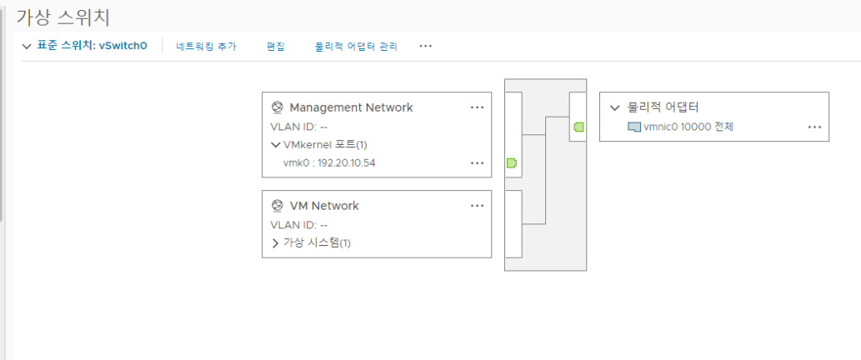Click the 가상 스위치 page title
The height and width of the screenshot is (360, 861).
(x=63, y=17)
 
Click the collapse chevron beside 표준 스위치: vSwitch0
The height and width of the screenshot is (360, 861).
(x=27, y=47)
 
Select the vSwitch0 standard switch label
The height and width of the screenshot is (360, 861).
(x=93, y=47)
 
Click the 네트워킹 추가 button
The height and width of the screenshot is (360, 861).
(x=206, y=47)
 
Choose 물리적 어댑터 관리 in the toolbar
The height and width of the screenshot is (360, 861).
(x=356, y=47)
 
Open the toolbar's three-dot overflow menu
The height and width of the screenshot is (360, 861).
(x=426, y=47)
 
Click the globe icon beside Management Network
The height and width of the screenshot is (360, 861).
(x=278, y=107)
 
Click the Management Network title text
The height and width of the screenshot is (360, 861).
(x=351, y=107)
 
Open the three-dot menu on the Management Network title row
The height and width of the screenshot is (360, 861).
(x=477, y=107)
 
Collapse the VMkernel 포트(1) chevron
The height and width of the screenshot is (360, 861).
(x=277, y=145)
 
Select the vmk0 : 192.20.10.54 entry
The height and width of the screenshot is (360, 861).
(x=329, y=162)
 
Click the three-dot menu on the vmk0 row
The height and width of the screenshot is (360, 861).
(x=477, y=163)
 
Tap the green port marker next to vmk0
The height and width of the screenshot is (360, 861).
(x=511, y=162)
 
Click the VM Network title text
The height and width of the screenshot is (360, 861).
(x=323, y=206)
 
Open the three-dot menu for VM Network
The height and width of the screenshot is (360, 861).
(x=477, y=206)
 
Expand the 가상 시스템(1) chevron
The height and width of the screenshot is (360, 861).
(x=276, y=243)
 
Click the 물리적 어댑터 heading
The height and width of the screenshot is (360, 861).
(x=663, y=107)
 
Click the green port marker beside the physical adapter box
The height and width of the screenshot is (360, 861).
(x=578, y=127)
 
